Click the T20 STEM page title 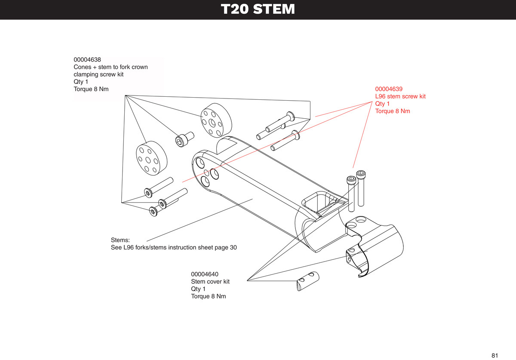258,9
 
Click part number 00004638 87,60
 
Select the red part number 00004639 389,89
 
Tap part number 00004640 205,274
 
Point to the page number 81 495,355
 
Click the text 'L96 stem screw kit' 400,96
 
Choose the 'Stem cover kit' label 210,282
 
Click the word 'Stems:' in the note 120,240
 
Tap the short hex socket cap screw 184,139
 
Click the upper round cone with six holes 216,120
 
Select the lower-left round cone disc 151,158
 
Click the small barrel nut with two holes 308,281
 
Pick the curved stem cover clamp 375,246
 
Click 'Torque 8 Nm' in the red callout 393,111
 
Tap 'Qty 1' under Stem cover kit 198,289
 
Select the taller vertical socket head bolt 360,188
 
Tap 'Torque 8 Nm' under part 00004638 91,89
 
